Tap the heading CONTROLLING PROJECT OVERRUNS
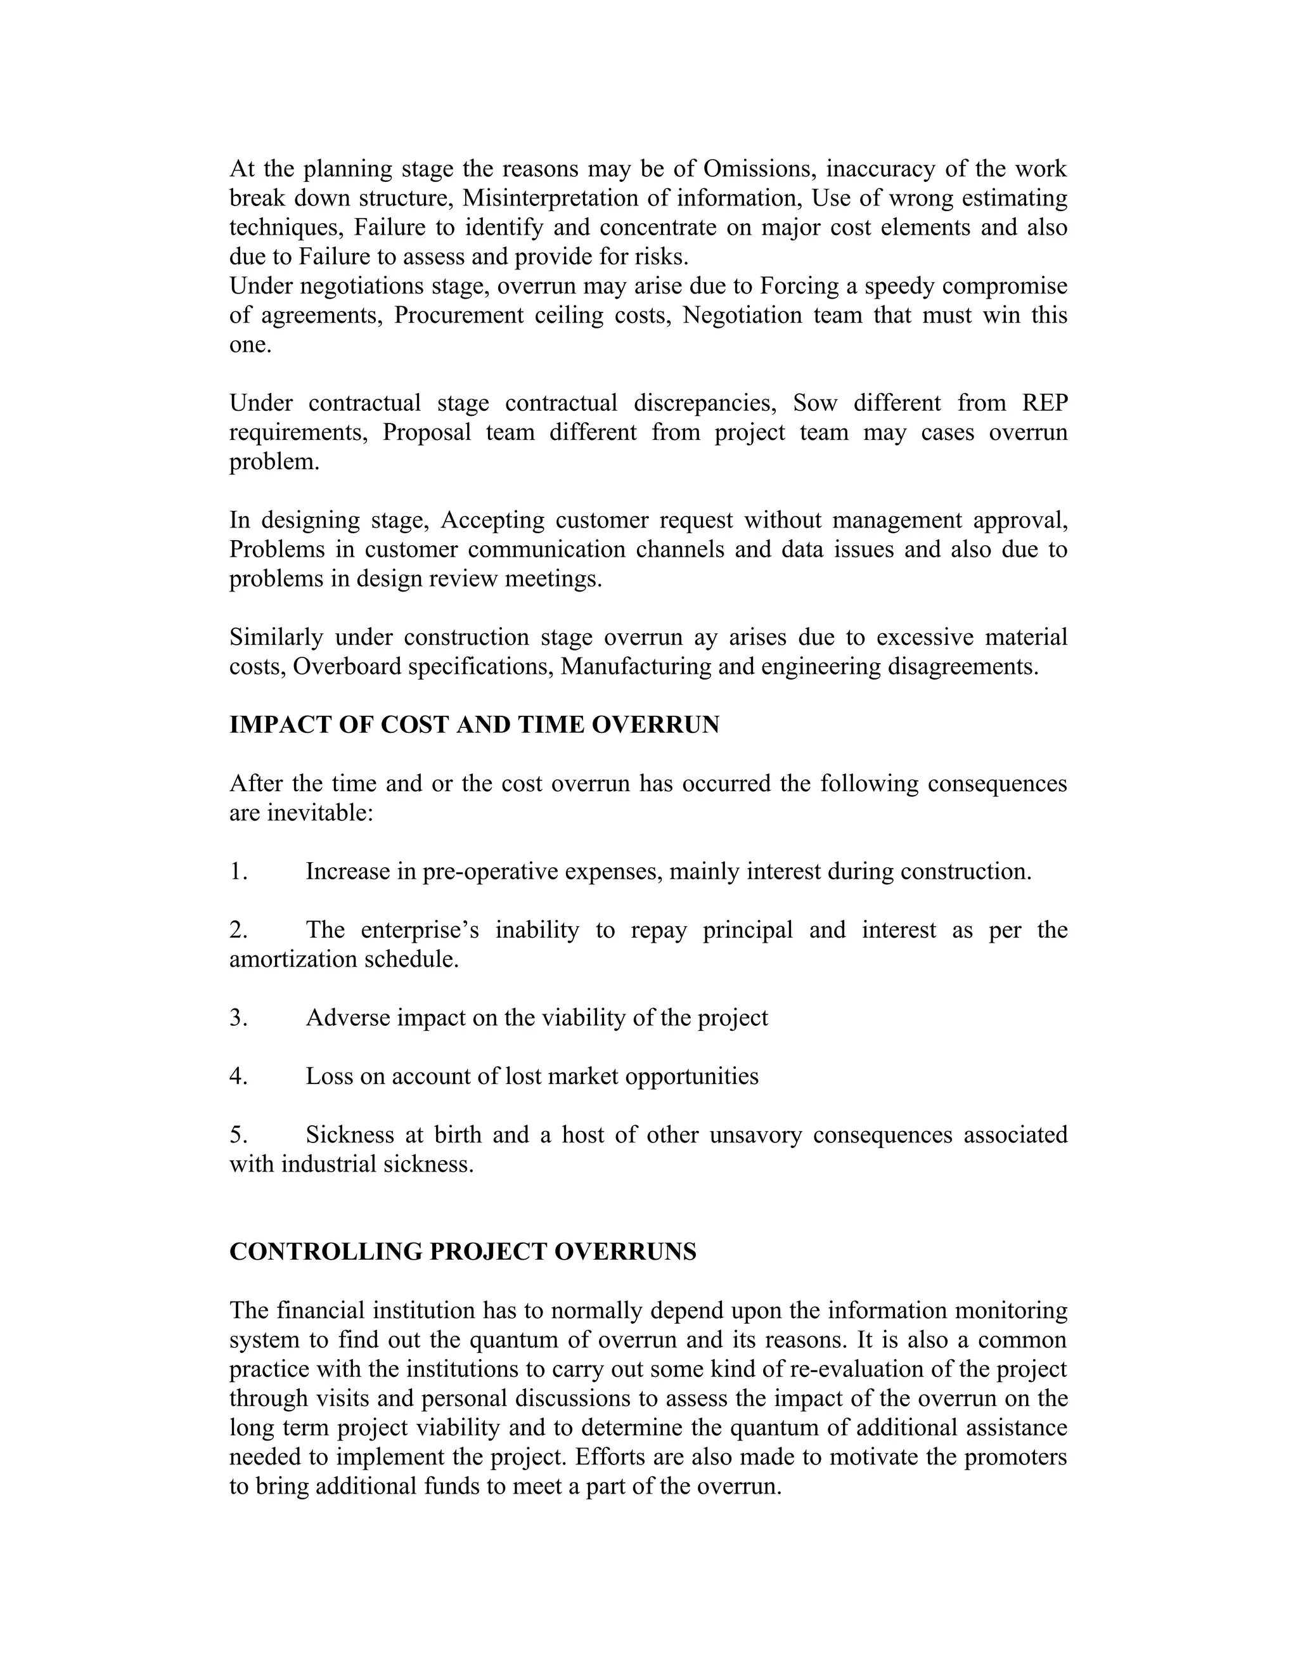[463, 1251]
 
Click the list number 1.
[238, 872]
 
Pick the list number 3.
[238, 1018]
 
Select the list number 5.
[238, 1135]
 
